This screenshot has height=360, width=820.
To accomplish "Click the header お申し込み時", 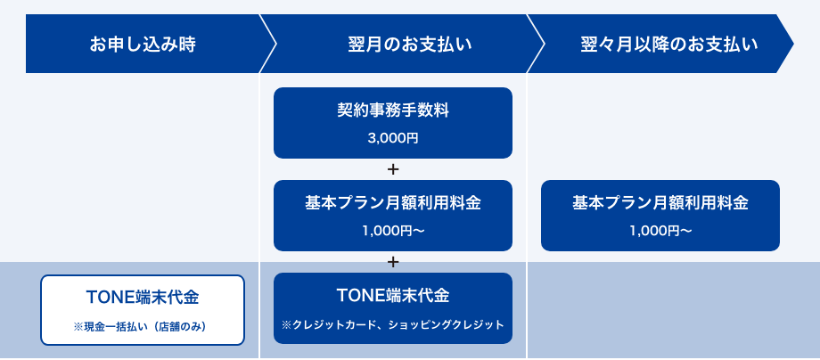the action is (143, 45).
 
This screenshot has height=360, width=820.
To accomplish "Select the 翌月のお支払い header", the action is (409, 45).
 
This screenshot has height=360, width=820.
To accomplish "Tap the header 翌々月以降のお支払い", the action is (668, 45).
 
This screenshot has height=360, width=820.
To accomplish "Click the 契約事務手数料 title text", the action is (393, 110).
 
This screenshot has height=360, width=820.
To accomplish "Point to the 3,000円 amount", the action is (393, 138).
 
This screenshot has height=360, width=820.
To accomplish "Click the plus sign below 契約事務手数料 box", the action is (393, 169).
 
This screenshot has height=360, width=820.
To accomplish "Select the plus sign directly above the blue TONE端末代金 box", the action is (393, 262).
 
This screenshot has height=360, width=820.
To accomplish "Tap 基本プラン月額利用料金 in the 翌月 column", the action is (393, 203).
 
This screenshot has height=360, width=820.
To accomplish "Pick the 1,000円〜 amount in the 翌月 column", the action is (393, 231).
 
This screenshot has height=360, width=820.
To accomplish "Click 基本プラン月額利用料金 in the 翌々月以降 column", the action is (660, 203).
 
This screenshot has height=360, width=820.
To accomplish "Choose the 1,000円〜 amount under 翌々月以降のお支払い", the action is (660, 231).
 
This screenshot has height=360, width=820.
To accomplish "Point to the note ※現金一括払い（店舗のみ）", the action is (143, 327).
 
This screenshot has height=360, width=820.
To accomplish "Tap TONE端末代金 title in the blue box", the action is (393, 296).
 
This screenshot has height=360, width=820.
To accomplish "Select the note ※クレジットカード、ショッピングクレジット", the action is (393, 325).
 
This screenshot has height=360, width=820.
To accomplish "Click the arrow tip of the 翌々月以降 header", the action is (793, 44).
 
